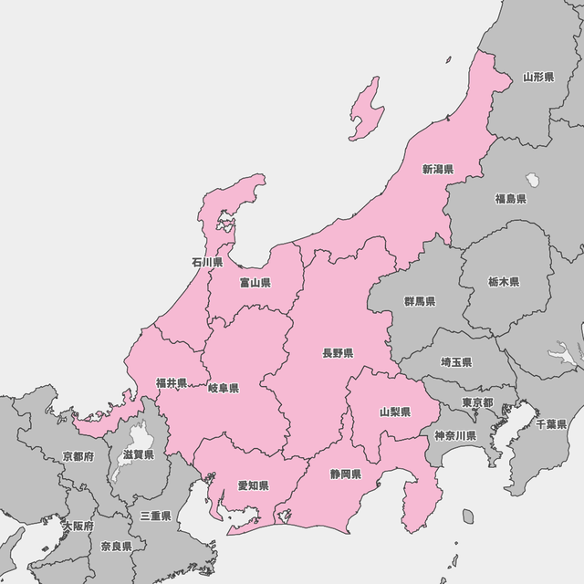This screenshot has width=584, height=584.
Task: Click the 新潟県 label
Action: [x=438, y=169]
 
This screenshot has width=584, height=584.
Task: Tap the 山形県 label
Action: [x=538, y=78]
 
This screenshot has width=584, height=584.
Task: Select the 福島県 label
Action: [x=510, y=198]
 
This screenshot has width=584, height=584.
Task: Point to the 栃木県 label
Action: [x=504, y=282]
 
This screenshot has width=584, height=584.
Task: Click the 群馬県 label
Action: [x=420, y=301]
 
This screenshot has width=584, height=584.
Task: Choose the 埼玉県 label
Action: [x=455, y=362]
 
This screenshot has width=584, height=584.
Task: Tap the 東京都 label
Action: [x=477, y=402]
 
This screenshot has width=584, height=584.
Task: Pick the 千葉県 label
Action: [x=551, y=424]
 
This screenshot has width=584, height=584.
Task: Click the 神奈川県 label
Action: [x=455, y=435]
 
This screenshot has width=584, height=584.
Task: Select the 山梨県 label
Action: [x=395, y=412]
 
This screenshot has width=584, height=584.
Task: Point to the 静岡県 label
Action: [x=346, y=474]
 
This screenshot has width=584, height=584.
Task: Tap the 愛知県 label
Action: [x=253, y=486]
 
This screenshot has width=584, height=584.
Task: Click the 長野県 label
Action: [x=338, y=352]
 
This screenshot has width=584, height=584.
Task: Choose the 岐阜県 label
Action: [x=224, y=388]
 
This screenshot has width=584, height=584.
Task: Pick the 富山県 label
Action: [x=255, y=283]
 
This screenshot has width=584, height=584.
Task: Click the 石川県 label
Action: [x=207, y=262]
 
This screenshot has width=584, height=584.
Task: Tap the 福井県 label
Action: [x=171, y=382]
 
